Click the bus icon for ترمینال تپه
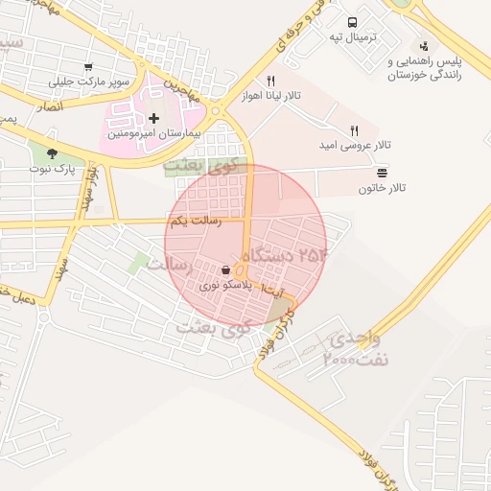(353, 21)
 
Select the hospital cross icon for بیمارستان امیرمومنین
(153, 118)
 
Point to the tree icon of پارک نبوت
(51, 152)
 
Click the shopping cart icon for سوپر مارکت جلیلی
(88, 67)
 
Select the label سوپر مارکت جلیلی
(94, 82)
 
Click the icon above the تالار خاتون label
(383, 172)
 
